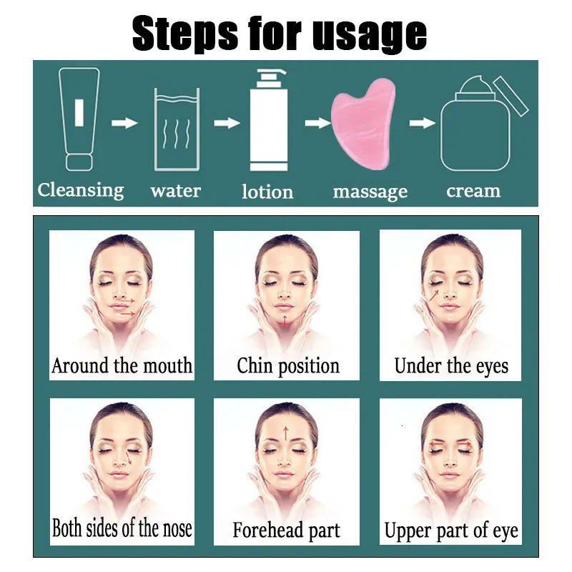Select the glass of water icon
177,129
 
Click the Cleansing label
81,190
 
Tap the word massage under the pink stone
370,192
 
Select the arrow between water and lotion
227,123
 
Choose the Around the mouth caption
122,366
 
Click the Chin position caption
287,366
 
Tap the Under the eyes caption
451,367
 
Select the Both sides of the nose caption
122,529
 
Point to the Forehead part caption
286,531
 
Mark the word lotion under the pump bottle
267,192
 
